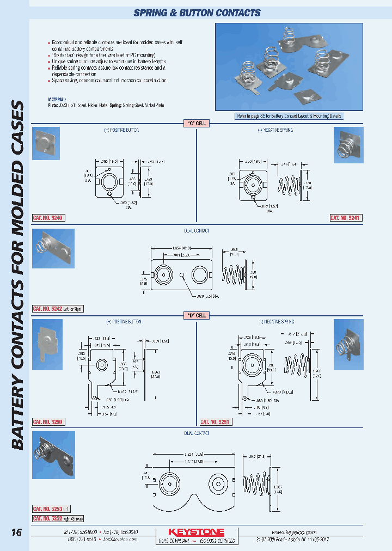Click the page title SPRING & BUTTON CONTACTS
197,13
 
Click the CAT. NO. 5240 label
48,218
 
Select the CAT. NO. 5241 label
346,218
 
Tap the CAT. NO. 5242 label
48,309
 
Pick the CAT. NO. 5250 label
48,422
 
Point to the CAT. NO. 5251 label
216,422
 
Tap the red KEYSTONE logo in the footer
196,532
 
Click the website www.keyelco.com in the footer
293,532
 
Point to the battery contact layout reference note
289,116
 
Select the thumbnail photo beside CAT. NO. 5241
348,145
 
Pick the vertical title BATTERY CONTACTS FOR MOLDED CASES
17,275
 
